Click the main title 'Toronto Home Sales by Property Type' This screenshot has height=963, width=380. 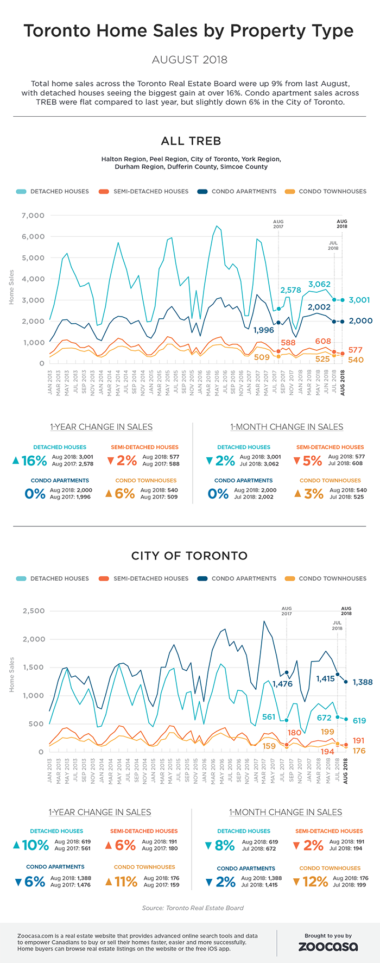[189, 31]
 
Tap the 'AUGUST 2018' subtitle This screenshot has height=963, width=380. [189, 60]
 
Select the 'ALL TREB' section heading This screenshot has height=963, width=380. [191, 141]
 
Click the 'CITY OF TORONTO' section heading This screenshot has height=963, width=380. [189, 556]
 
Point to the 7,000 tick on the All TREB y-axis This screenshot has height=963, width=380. [33, 216]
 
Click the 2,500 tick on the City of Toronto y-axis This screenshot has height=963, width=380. [33, 611]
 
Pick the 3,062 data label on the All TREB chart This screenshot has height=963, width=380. [319, 284]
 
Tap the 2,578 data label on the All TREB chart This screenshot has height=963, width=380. [290, 290]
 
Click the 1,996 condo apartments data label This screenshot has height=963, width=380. [263, 330]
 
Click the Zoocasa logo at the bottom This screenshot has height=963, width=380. [328, 947]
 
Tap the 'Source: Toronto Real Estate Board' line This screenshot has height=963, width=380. [193, 908]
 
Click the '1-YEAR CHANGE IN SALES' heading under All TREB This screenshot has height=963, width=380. [102, 427]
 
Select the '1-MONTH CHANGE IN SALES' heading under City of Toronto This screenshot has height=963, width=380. [286, 812]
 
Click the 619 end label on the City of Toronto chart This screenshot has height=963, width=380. [359, 721]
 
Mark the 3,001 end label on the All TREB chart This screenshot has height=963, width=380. [359, 300]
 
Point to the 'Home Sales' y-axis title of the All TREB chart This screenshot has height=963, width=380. [12, 287]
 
